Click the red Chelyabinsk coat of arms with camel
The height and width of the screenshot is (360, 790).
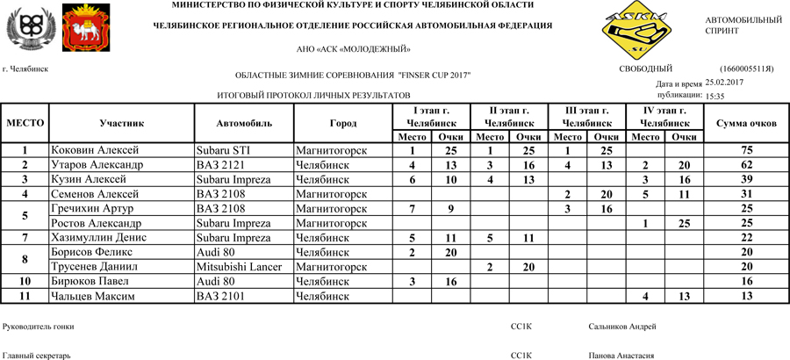tap(87, 29)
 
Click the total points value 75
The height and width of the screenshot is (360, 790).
tap(746, 151)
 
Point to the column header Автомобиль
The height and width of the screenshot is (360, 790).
tap(244, 124)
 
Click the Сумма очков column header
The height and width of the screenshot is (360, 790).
tap(746, 124)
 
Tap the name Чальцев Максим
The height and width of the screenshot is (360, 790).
tap(92, 297)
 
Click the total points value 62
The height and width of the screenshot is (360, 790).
tap(746, 165)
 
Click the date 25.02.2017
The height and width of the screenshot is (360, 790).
tap(724, 82)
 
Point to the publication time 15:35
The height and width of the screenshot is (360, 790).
tap(715, 97)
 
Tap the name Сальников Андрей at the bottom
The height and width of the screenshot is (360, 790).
tap(622, 328)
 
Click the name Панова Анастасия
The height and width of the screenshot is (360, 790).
tap(621, 356)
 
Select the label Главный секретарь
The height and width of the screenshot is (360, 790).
tap(37, 356)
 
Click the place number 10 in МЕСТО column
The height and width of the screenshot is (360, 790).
tap(25, 282)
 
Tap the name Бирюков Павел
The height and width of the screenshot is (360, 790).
tap(90, 282)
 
